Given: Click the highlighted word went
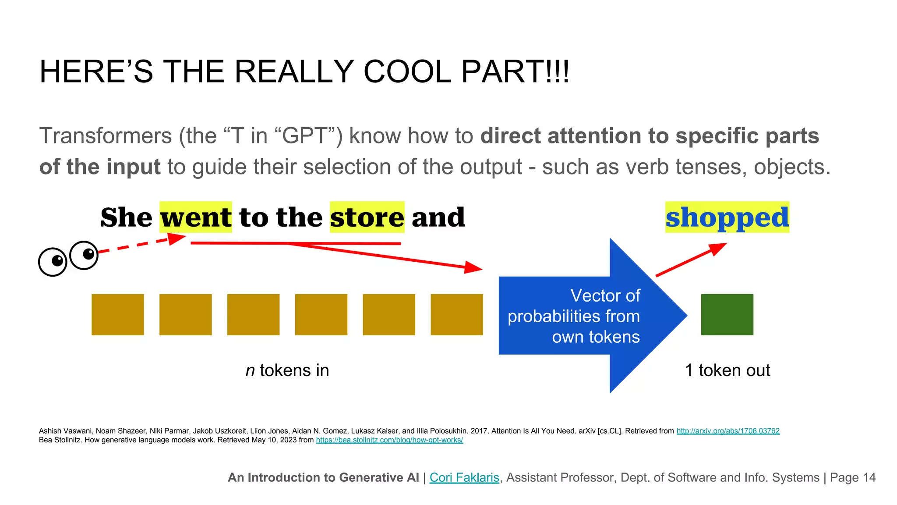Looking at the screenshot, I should (196, 217).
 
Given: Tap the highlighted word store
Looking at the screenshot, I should (367, 217).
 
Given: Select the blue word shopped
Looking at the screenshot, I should (727, 217).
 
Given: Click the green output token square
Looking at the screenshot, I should (727, 315).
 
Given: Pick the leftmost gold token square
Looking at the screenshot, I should (117, 315).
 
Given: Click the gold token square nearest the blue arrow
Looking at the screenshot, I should (456, 315).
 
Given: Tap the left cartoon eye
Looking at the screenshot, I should (53, 262).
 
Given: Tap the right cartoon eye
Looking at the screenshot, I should (84, 255).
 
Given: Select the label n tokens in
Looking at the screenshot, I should (287, 370).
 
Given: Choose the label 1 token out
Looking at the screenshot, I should (727, 370).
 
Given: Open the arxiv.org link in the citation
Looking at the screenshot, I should (728, 431).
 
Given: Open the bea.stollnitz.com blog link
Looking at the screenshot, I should (389, 440).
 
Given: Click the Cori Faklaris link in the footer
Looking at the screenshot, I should (464, 477).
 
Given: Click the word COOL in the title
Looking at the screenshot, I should (407, 72).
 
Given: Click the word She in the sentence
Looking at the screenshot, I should (126, 217).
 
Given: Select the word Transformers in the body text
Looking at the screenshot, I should (105, 136).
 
